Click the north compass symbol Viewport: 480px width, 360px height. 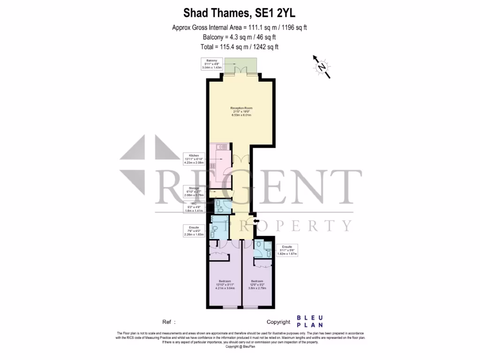click(x=322, y=67)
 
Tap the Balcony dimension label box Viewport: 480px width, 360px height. click(x=211, y=64)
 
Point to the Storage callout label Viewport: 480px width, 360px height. click(x=194, y=191)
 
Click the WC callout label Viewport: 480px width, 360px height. click(x=194, y=208)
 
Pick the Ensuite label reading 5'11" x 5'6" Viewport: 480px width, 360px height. click(x=287, y=250)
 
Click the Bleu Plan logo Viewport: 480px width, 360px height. click(x=309, y=322)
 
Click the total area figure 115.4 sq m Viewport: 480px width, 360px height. click(x=228, y=46)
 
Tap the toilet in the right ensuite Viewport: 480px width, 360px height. click(x=259, y=245)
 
